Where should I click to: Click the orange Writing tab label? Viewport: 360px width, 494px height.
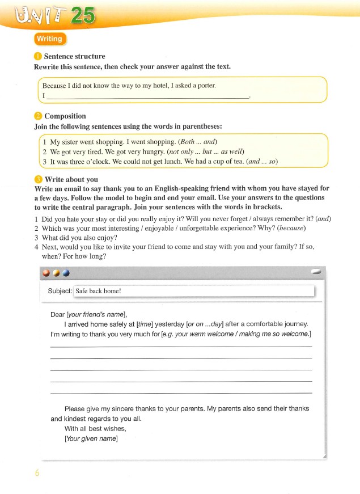coord(50,39)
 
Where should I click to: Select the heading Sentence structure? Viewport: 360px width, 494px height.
coord(74,56)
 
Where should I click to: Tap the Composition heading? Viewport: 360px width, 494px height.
coord(65,116)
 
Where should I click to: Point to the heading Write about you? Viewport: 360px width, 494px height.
coord(71,179)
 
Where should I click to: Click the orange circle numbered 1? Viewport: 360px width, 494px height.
coord(38,56)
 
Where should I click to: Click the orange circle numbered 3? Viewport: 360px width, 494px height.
coord(38,179)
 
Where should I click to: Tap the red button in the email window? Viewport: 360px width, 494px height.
coord(45,273)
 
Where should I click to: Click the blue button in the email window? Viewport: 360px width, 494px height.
coord(66,273)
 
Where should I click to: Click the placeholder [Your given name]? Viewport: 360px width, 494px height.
coord(91,440)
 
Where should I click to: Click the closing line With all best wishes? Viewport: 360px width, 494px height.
coord(95,429)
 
